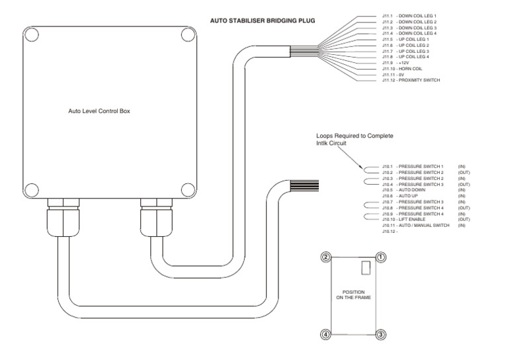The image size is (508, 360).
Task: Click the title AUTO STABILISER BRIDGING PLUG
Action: (263, 21)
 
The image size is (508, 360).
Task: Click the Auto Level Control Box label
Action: (99, 111)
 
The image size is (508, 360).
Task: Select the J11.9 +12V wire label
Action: (396, 62)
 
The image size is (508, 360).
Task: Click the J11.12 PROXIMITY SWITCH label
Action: (411, 80)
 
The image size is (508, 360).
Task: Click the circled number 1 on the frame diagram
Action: (380, 257)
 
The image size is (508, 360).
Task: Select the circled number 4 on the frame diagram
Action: (325, 334)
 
